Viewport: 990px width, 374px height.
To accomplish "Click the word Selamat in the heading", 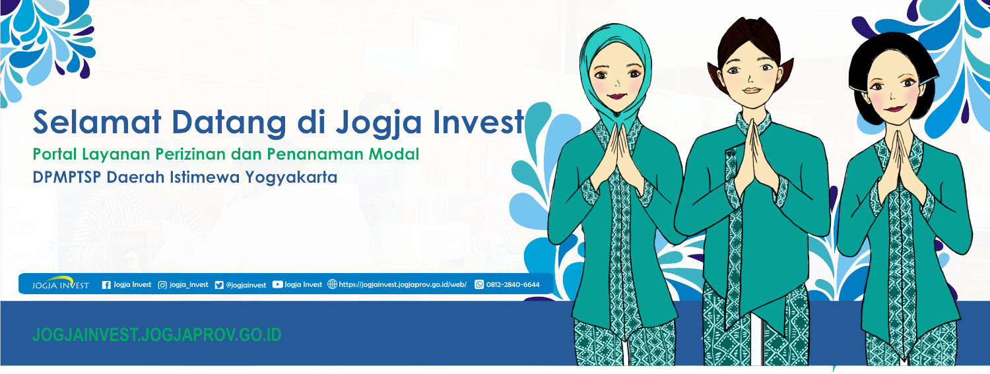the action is click(x=97, y=122).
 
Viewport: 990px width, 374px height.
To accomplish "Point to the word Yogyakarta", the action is click(x=291, y=177).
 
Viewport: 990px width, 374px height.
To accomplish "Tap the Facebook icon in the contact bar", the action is click(x=106, y=285).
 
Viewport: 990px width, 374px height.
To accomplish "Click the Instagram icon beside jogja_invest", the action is click(x=162, y=285).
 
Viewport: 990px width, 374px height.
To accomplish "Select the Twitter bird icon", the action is click(x=218, y=285).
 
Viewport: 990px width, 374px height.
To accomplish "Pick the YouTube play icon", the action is click(x=278, y=284).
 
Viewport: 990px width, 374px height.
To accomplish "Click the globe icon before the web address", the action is click(x=332, y=284).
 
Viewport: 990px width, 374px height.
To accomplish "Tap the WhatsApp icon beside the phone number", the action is click(x=479, y=284).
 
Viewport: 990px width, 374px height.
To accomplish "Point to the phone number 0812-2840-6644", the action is click(x=513, y=285).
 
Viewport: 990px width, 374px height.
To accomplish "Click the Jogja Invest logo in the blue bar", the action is click(x=61, y=283).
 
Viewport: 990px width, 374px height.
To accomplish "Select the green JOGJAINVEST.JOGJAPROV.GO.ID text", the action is click(x=157, y=334).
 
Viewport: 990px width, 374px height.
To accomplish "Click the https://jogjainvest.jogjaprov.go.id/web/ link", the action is click(x=403, y=285).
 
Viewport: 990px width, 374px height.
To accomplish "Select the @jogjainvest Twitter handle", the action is click(x=246, y=285).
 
